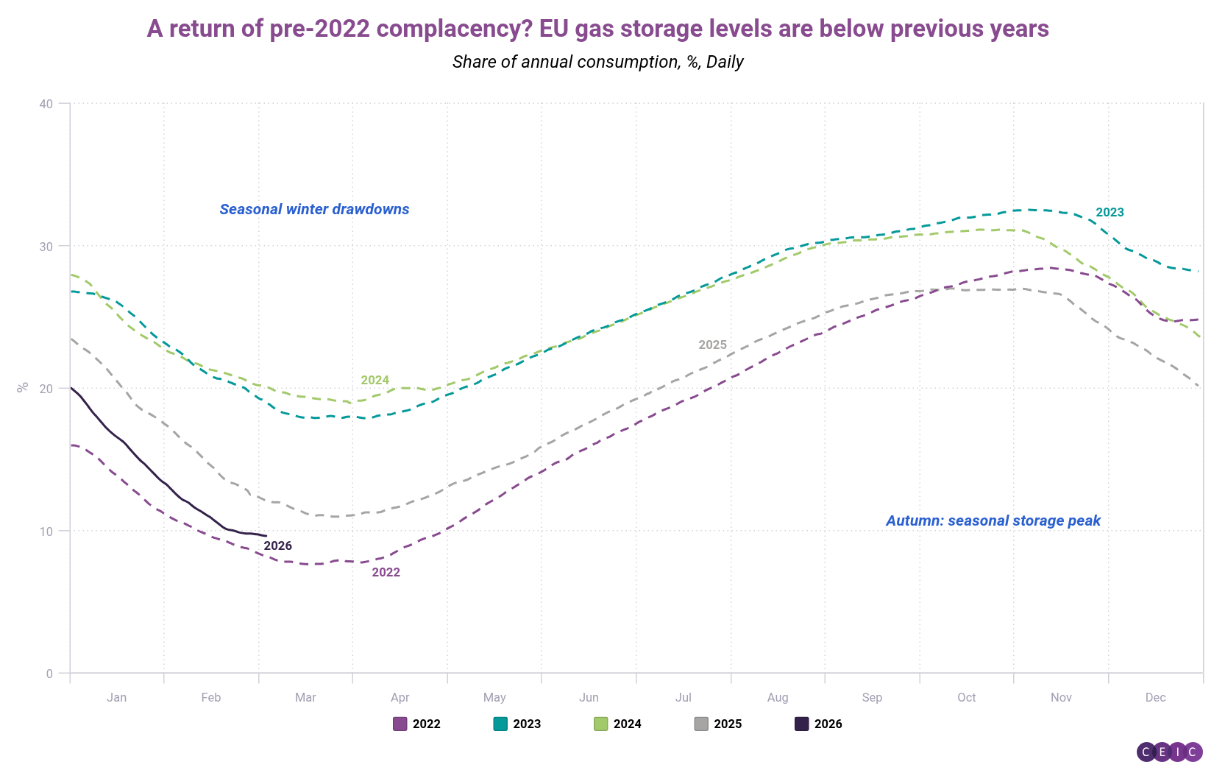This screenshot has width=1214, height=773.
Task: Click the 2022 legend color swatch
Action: click(x=400, y=724)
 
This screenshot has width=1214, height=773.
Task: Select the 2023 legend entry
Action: click(x=517, y=724)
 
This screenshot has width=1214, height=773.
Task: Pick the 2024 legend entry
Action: click(x=618, y=724)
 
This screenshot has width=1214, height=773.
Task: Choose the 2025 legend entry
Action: click(x=718, y=724)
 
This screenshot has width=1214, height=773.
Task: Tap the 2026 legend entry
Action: click(x=819, y=724)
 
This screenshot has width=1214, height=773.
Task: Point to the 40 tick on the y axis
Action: click(x=46, y=104)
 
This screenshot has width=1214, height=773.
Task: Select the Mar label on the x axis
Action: click(x=305, y=697)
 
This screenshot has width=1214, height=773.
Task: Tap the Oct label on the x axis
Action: click(x=966, y=697)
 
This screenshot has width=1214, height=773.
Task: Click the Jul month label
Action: click(x=684, y=697)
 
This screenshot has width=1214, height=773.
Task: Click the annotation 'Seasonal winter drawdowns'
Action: click(x=314, y=209)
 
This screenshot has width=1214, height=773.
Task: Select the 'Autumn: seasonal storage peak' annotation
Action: click(x=993, y=520)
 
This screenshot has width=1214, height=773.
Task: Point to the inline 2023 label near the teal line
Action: click(x=1110, y=213)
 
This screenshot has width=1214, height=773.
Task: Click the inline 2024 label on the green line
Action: click(x=375, y=380)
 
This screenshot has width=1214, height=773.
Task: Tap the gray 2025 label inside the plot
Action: click(x=712, y=345)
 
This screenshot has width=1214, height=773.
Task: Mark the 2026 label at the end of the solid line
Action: click(x=278, y=546)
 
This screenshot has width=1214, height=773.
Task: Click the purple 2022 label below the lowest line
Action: click(x=386, y=572)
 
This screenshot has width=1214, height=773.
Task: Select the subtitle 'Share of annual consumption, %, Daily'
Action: click(x=597, y=62)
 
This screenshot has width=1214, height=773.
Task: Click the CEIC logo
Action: click(x=1169, y=752)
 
